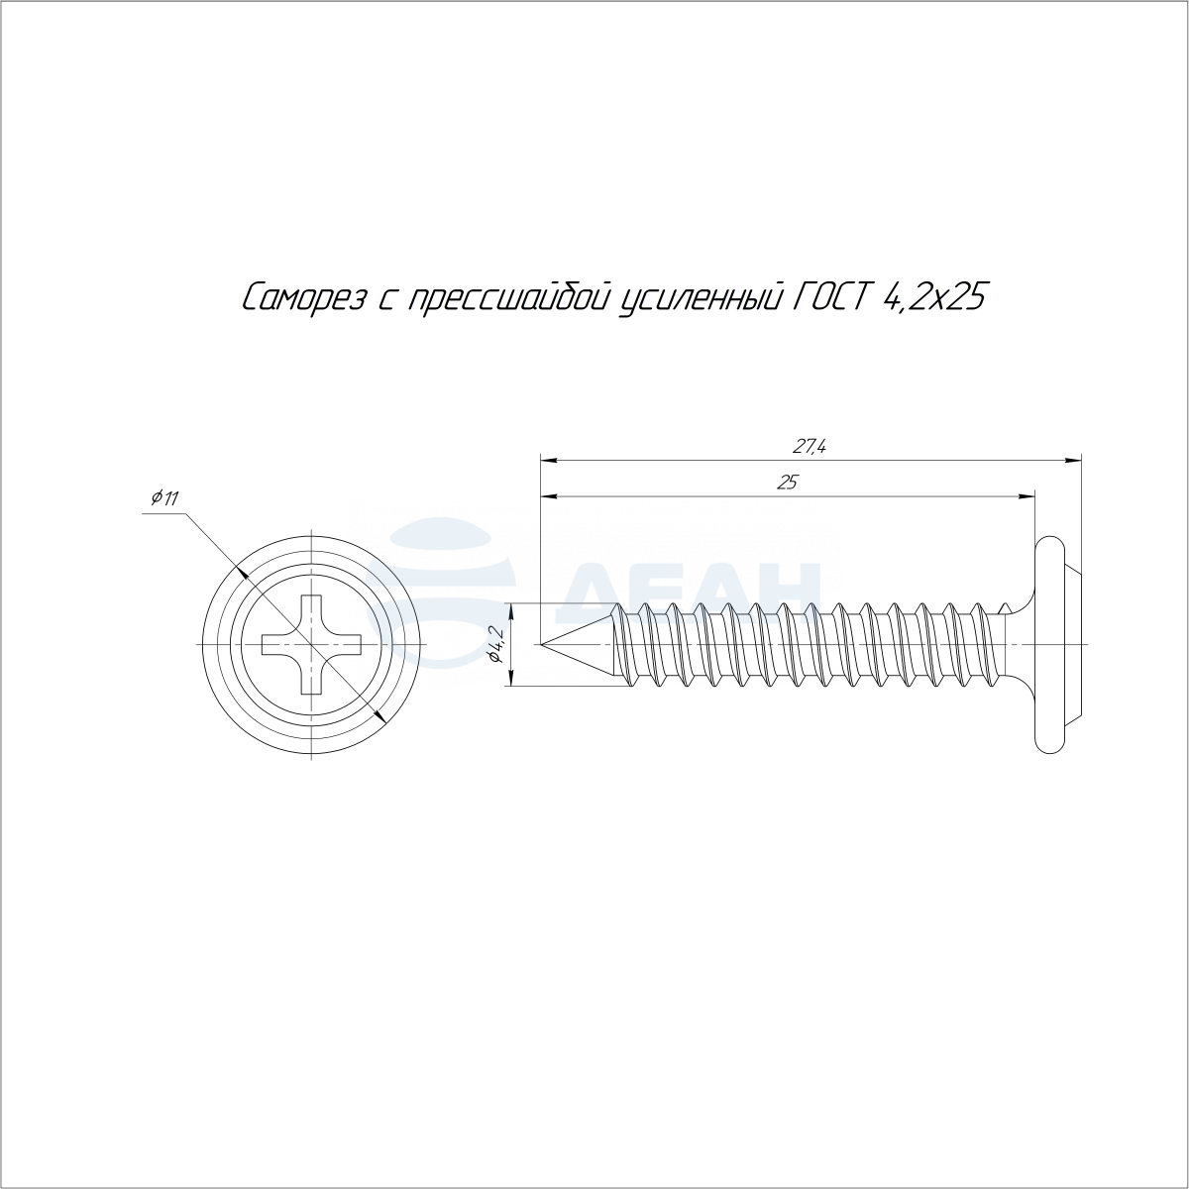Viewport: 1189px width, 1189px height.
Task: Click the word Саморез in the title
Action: [302, 297]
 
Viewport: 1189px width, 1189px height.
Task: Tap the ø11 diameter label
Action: [164, 497]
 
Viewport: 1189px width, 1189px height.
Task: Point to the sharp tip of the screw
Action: [541, 645]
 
